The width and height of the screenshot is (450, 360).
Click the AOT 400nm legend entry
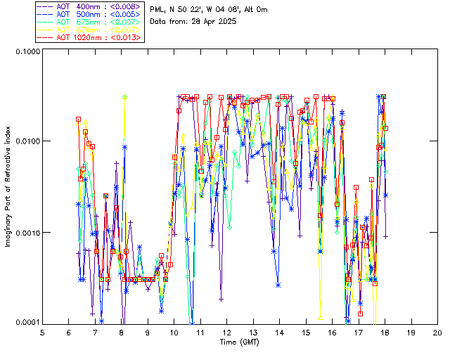click(90, 6)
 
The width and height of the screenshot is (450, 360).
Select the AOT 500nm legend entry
click(90, 14)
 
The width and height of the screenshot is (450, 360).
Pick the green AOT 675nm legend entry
click(90, 22)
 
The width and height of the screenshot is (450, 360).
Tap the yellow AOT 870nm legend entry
click(90, 30)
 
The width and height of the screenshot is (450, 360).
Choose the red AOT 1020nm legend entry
click(90, 37)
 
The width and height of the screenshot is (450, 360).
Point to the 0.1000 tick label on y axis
click(27, 51)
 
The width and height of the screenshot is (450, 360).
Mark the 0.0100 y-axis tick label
click(27, 141)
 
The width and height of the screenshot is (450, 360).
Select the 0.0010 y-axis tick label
click(27, 232)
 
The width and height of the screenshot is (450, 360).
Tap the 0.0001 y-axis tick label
click(27, 323)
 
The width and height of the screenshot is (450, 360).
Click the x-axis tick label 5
click(42, 333)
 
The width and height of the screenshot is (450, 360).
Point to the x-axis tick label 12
click(226, 333)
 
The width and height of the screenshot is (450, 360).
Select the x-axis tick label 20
click(437, 333)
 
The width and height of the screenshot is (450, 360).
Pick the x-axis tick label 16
click(332, 333)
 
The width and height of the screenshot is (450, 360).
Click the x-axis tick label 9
click(148, 333)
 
